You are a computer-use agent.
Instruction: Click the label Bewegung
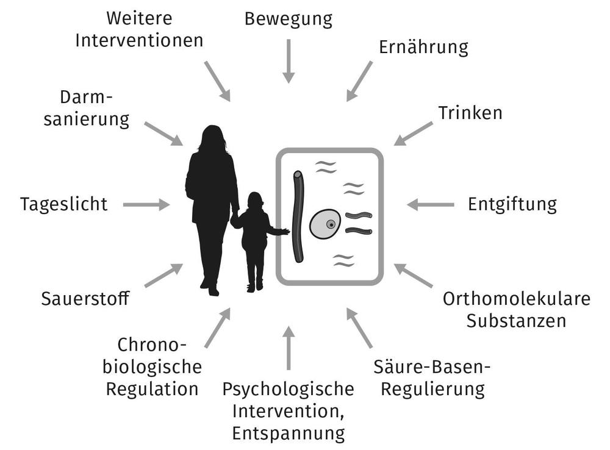tap(289, 19)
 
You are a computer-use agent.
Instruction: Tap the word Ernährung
tap(423, 48)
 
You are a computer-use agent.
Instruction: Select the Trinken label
tap(470, 113)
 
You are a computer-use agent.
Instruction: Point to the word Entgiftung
tap(512, 204)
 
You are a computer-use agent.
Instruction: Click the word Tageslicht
tap(63, 204)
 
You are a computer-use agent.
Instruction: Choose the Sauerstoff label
tap(85, 299)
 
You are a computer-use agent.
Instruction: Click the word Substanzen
tap(517, 320)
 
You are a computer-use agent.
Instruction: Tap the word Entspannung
tap(288, 434)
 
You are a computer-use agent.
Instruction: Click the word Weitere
tap(139, 18)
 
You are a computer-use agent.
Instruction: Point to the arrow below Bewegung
tap(289, 61)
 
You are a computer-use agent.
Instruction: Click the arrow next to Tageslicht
tap(146, 205)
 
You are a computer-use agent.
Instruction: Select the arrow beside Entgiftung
tap(430, 205)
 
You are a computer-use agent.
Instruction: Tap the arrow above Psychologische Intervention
tap(289, 348)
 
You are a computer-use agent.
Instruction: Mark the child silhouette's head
tap(255, 201)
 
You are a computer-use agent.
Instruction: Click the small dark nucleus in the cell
tap(330, 224)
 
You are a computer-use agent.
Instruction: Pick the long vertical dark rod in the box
tap(298, 216)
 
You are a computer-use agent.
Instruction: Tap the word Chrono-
tap(151, 345)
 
